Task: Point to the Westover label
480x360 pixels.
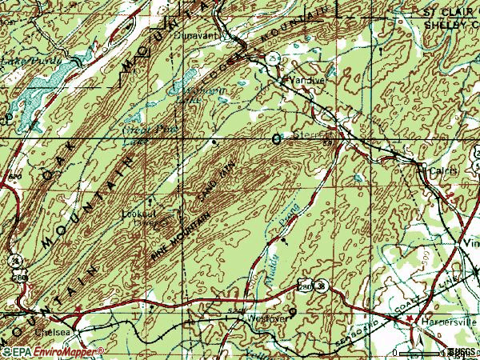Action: (x=254, y=318)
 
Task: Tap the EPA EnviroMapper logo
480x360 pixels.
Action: (x=53, y=351)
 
